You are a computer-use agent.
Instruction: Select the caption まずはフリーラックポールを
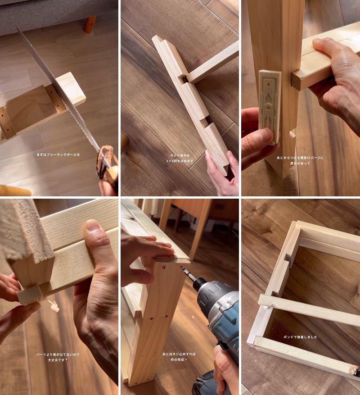click(58, 154)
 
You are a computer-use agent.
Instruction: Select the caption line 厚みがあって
click(301, 163)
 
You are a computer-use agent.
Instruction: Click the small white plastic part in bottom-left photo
click(30, 295)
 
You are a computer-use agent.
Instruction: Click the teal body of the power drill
click(220, 306)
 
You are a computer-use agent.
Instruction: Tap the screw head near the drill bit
click(164, 268)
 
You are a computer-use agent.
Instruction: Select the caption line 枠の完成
click(180, 360)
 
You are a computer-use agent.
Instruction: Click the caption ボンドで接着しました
click(300, 337)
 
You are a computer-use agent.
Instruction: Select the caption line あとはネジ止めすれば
click(180, 354)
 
